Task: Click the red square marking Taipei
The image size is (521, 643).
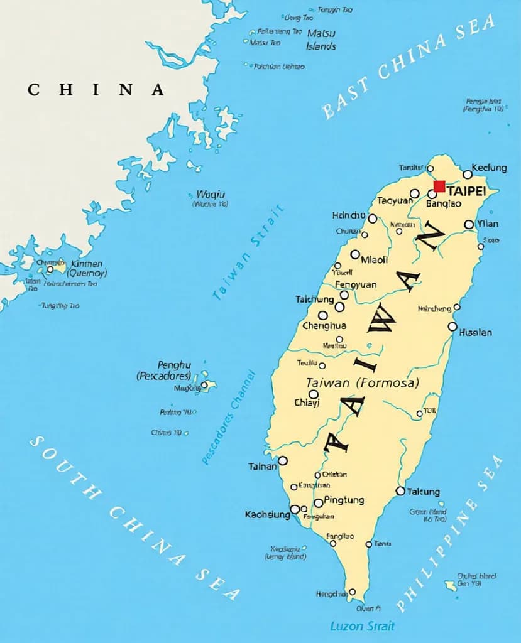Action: click(439, 186)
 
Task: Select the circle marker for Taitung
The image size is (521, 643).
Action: click(400, 491)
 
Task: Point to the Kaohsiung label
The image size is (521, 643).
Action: click(267, 515)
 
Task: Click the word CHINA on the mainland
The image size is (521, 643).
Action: click(96, 90)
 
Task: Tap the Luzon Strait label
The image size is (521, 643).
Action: click(363, 626)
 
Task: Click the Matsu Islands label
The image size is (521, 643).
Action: click(321, 39)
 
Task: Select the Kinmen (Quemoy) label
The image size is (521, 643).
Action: click(89, 269)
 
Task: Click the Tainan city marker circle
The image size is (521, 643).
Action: click(283, 461)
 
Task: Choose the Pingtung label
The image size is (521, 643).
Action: click(344, 500)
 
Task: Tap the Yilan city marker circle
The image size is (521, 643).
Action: click(469, 224)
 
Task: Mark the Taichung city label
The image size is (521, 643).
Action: click(314, 300)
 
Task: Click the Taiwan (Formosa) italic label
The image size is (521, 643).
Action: click(362, 382)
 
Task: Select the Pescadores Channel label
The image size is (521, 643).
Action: click(229, 417)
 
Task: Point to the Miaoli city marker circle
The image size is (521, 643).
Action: click(355, 254)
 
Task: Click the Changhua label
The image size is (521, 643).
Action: click(324, 326)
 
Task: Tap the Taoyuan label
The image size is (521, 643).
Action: click(395, 201)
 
